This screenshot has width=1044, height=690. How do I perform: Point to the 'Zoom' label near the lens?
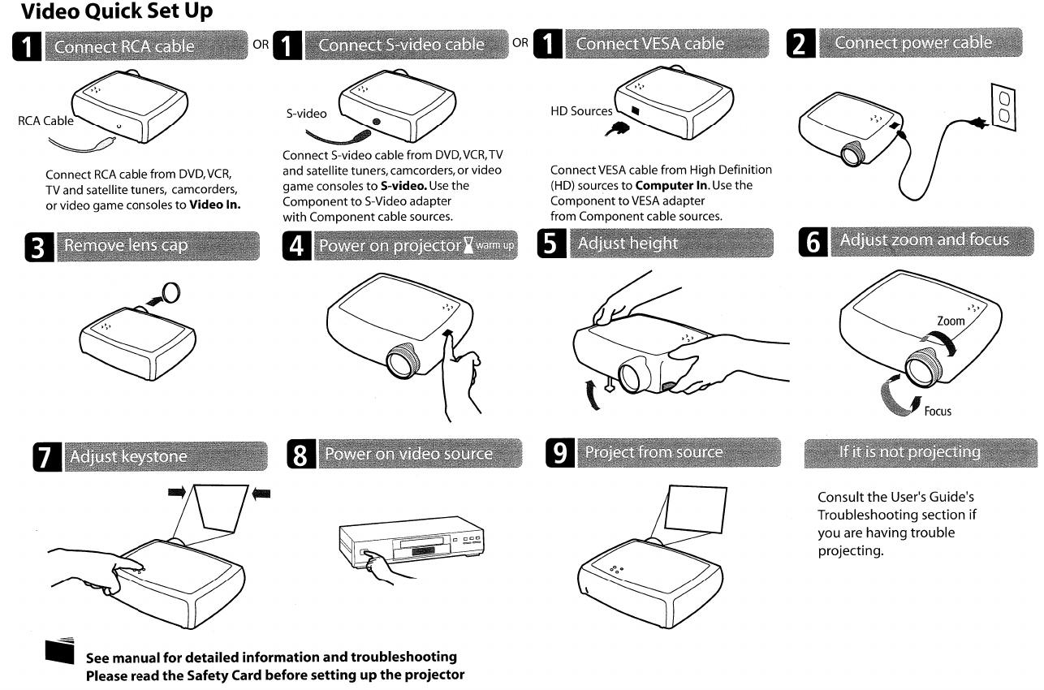click(x=951, y=321)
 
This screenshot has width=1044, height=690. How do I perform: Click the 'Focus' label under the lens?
click(x=937, y=412)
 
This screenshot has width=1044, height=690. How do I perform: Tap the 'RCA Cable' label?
click(x=43, y=122)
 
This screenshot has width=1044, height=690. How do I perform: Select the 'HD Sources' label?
click(x=580, y=111)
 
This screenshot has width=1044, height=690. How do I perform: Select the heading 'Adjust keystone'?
click(x=129, y=457)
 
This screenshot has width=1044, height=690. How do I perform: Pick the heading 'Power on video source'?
click(x=408, y=454)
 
